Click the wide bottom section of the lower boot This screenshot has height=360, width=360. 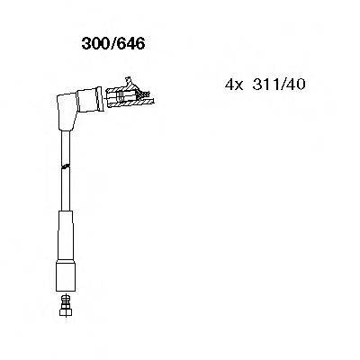click(66, 265)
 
